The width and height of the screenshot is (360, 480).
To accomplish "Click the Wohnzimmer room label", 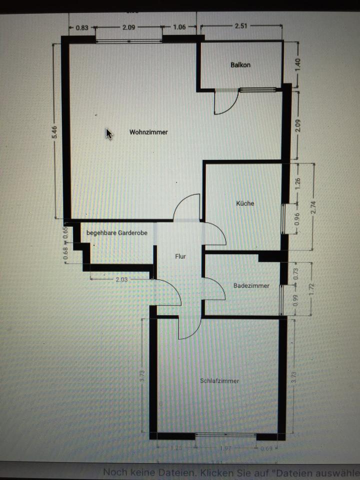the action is pos(148,132).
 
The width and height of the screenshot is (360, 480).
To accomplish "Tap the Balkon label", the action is pos(240,65).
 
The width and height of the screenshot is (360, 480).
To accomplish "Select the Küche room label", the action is pos(245,203).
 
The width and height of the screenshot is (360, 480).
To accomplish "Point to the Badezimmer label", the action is pos(251,286).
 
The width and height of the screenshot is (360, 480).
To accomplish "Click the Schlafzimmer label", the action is pos(219,381).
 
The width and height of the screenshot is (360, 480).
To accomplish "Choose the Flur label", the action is pos(180,256).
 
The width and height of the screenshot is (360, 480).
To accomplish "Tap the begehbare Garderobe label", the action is pos(117,232).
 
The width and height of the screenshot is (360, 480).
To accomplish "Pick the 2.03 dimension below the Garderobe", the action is pos(121,280).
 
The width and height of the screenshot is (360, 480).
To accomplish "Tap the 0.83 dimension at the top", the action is pos(82,28).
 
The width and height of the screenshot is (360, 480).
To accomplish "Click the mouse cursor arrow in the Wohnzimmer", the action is pos(108,133).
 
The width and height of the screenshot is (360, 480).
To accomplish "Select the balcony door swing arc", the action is pos(224,104).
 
